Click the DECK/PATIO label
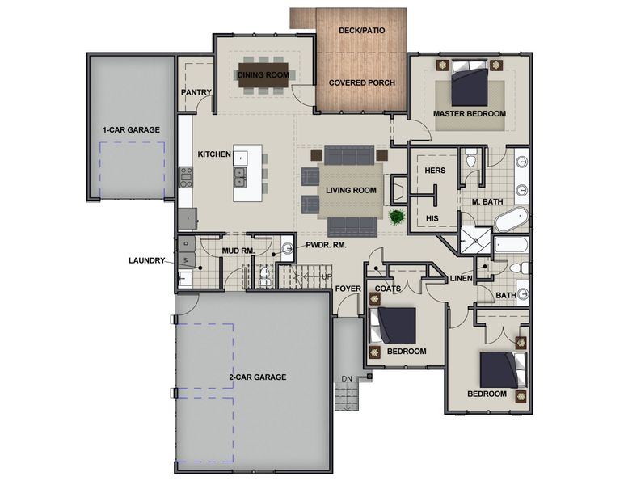pos(361,31)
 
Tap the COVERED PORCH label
pos(361,82)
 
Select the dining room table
pos(263,75)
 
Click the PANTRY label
pos(196,92)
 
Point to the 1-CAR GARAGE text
pos(130,129)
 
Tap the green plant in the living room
pos(396,217)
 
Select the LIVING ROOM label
pos(352,190)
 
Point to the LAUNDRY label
pos(147,260)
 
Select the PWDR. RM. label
pos(325,245)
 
